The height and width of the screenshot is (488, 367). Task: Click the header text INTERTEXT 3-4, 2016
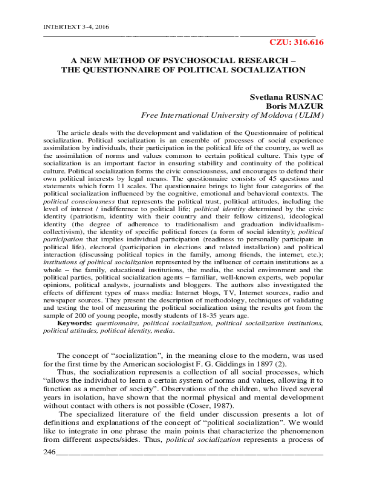(x=70, y=27)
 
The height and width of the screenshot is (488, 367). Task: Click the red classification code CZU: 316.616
(x=296, y=43)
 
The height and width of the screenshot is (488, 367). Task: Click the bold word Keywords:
(x=75, y=323)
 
